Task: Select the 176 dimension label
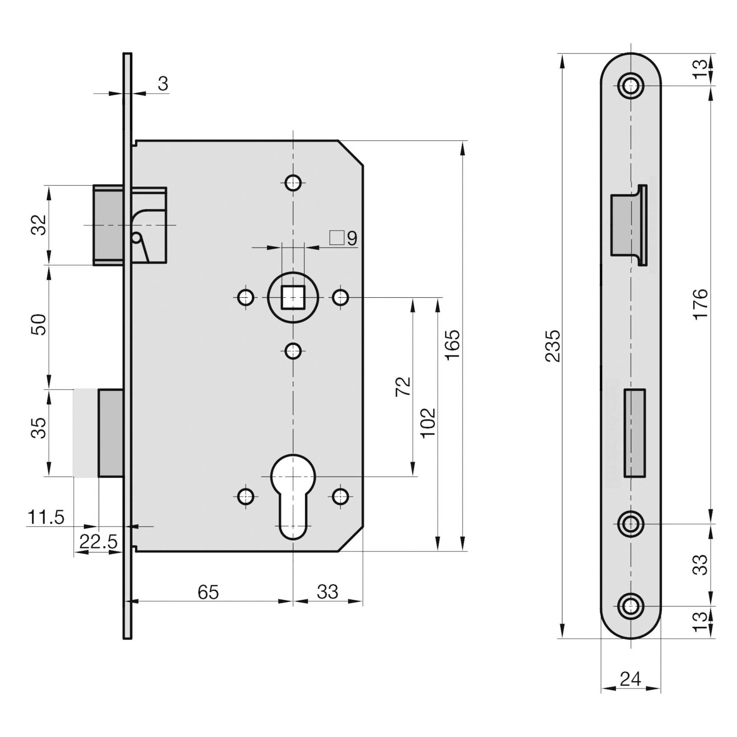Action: coord(701,304)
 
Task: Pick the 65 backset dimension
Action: coord(208,592)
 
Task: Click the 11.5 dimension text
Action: coord(46,518)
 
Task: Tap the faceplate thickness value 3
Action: coord(163,84)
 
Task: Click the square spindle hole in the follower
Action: coord(293,297)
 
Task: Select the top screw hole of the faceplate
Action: coord(631,85)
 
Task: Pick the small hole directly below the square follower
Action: coord(293,350)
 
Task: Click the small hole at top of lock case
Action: coord(293,182)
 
